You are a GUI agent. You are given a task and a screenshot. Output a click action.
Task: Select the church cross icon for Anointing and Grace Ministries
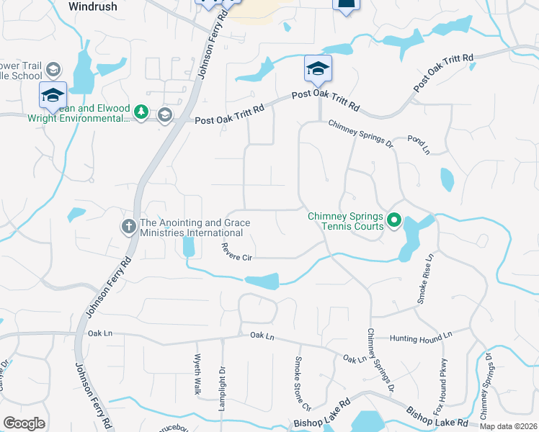coord(129,228)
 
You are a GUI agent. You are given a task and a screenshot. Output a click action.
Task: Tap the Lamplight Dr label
coord(223,385)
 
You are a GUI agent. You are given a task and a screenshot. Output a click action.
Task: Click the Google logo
coord(24,423)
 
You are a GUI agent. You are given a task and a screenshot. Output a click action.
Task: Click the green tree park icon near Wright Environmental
coord(142,112)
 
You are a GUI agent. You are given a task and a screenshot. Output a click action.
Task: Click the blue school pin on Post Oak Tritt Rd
coord(318,71)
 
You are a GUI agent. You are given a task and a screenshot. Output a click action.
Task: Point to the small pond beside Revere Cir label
coord(189,247)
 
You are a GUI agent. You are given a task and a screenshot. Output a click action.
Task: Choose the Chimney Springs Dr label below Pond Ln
coord(360,134)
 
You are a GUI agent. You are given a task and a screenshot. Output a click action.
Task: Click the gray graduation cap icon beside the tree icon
coord(165,114)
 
